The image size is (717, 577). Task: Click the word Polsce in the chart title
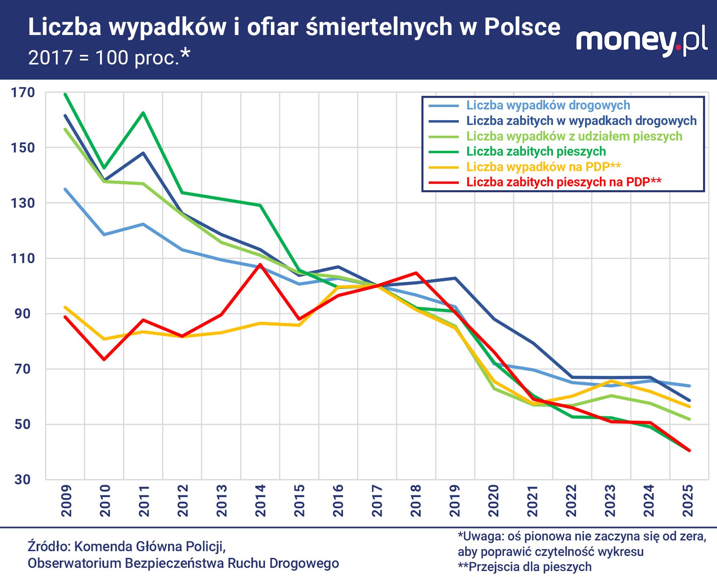click(x=522, y=27)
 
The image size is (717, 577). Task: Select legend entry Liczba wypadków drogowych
click(x=548, y=105)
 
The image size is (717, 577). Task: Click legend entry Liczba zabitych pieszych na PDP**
click(x=563, y=182)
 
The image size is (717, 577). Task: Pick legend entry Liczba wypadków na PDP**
click(x=543, y=167)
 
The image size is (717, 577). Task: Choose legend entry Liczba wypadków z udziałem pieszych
click(x=574, y=136)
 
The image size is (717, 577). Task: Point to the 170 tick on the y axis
click(x=23, y=93)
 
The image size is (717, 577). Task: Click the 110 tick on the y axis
click(x=23, y=258)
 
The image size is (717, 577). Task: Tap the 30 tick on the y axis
click(x=23, y=479)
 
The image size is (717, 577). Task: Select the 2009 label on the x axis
click(x=66, y=500)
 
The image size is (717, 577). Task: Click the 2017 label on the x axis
click(x=377, y=500)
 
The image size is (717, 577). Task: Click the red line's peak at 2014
click(x=260, y=264)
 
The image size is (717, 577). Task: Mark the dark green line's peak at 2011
click(x=143, y=113)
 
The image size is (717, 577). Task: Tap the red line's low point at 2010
click(x=104, y=359)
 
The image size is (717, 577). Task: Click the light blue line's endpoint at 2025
click(x=689, y=386)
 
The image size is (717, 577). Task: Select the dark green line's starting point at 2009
click(x=65, y=94)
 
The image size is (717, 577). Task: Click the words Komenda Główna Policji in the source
click(x=150, y=546)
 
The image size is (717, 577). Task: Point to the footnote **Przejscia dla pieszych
click(x=525, y=567)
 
